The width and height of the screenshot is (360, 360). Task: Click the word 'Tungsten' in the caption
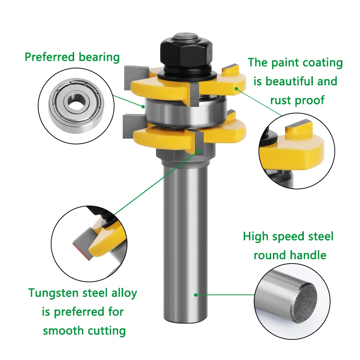53,293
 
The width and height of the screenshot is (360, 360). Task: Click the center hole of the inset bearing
76,102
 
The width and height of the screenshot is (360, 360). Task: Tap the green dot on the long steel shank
195,295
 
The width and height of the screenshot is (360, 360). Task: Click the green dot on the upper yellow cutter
236,89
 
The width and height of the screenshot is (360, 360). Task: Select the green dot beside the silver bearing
143,107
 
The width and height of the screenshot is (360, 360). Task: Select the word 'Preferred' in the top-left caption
50,57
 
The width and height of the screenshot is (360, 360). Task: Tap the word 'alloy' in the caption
124,293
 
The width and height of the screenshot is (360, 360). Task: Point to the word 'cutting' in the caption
107,331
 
